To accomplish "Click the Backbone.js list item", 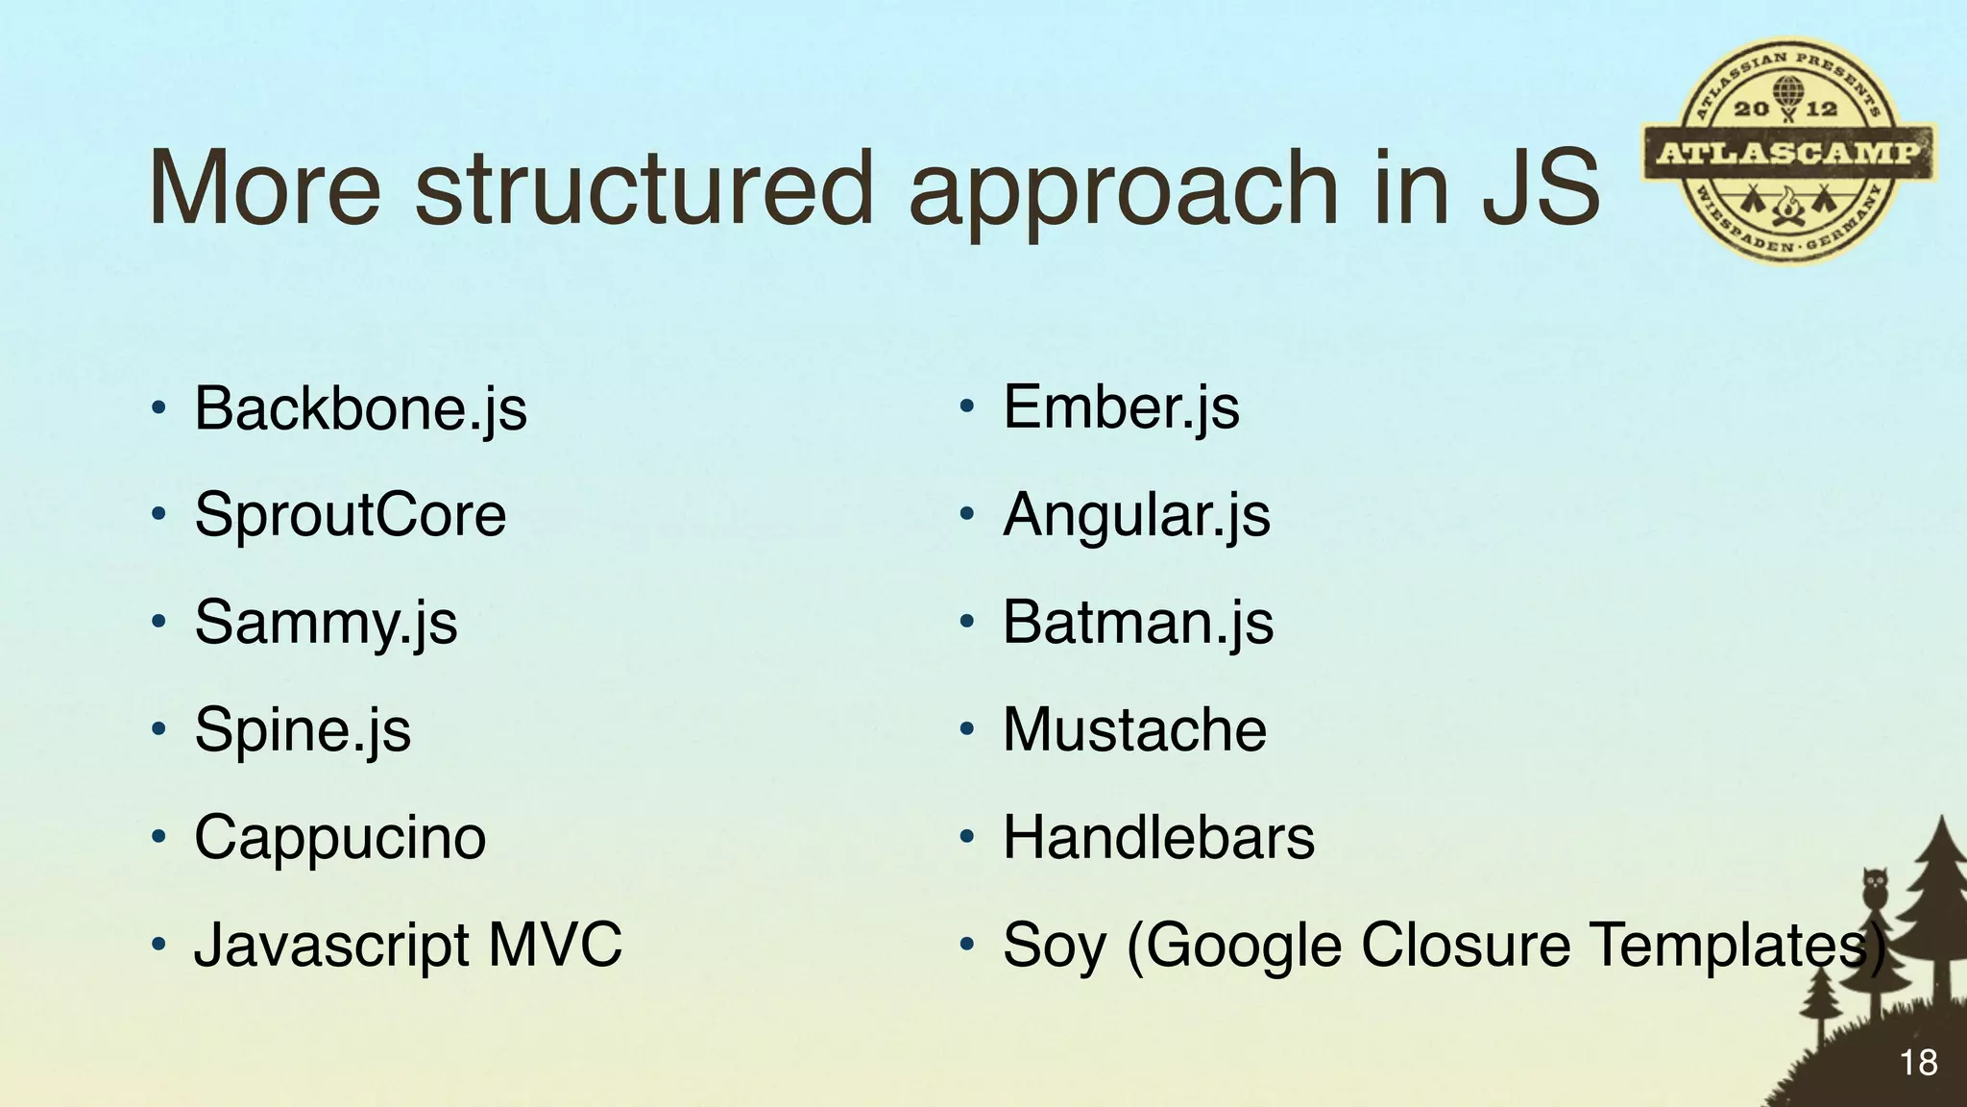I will tap(360, 408).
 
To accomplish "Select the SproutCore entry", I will tap(350, 515).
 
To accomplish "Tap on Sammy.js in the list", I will tap(326, 623).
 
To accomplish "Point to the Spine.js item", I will tap(303, 729).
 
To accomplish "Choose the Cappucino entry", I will tap(340, 837).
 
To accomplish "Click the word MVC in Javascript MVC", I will tap(555, 944).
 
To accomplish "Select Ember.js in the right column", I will tap(1121, 407).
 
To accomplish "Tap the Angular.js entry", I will tap(1136, 515).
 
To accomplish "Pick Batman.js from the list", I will tap(1138, 623).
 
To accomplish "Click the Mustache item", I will tap(1134, 729).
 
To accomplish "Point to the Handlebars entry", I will tap(1158, 837).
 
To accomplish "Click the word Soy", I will tap(1054, 946).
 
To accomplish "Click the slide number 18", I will tap(1918, 1063).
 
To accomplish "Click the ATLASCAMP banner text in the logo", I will tap(1788, 153).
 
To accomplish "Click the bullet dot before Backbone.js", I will tap(158, 409).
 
